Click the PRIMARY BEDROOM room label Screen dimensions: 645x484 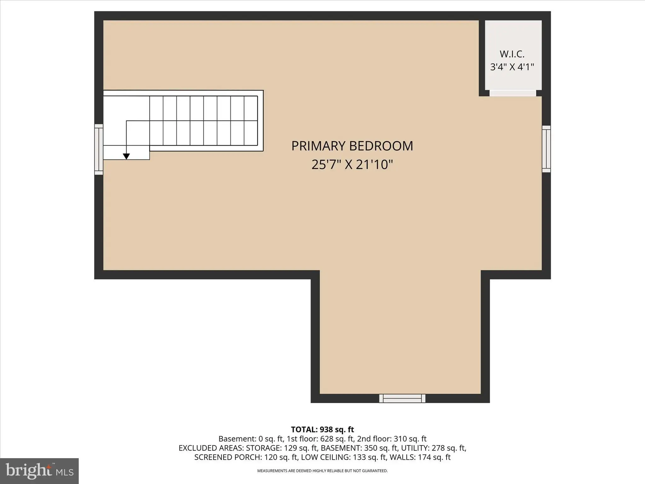tap(352, 146)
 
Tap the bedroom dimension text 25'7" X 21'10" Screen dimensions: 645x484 tap(352, 164)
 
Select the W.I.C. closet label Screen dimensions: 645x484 tap(512, 54)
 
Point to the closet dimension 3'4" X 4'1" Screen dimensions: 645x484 tap(512, 67)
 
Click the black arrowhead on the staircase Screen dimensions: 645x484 tap(126, 156)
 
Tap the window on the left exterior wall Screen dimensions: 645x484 tap(99, 149)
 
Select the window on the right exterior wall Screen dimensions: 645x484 tap(546, 149)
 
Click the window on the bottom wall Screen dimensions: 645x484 tap(402, 398)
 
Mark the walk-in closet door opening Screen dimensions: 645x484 tap(513, 93)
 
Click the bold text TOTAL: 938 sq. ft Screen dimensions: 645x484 tap(322, 429)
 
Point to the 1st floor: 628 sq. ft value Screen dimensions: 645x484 tap(321, 439)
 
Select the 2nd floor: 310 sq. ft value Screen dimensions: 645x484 tap(392, 439)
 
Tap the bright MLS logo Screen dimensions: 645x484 tap(39, 471)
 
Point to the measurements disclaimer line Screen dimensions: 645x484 tap(322, 471)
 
